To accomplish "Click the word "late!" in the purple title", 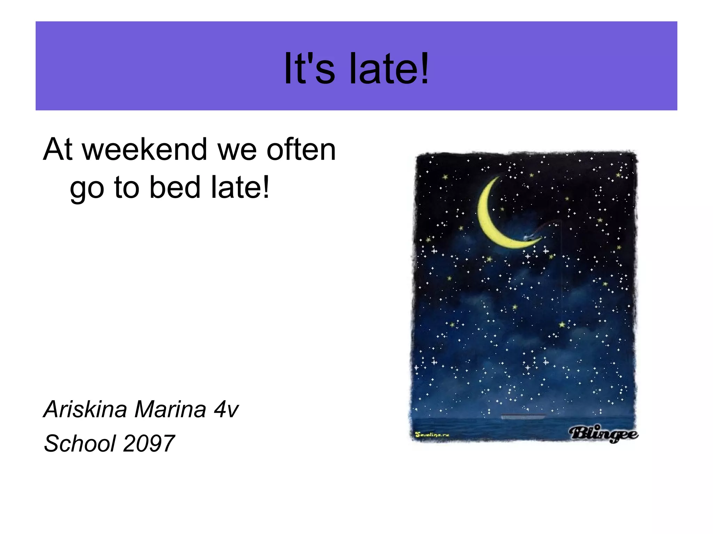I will tap(389, 68).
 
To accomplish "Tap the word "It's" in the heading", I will tap(309, 68).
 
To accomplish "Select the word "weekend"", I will tap(144, 150).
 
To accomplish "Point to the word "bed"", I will tap(175, 188).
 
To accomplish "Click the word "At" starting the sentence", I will tap(58, 150).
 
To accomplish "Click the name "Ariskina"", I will tap(85, 409).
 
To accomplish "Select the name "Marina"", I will tap(170, 409).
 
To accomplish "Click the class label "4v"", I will tap(226, 409).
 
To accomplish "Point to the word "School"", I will tap(80, 444).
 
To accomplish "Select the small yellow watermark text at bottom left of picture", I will tap(432, 435).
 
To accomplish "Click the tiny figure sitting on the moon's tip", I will tap(527, 237).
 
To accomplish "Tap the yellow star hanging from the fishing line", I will tap(562, 325).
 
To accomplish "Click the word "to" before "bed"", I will tap(126, 188).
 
